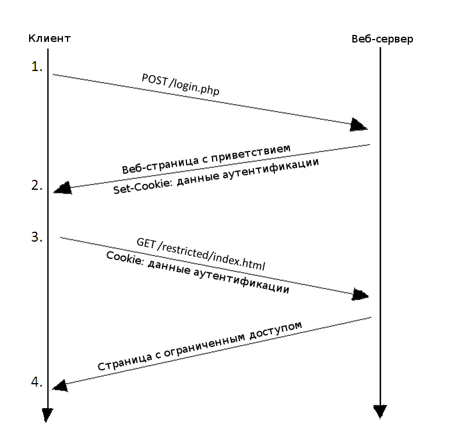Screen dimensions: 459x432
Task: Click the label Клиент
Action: tap(50, 38)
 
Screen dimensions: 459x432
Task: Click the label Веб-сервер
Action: tap(382, 39)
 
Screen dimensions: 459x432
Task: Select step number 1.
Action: tap(37, 67)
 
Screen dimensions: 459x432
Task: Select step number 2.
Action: tap(37, 185)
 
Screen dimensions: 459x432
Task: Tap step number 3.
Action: tap(37, 237)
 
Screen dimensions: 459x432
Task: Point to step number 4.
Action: tap(37, 382)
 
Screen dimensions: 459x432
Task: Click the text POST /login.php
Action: tap(181, 84)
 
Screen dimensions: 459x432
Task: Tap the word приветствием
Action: tap(250, 153)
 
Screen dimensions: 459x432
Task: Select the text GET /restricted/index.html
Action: tap(201, 254)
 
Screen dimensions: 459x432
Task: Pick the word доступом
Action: tap(276, 330)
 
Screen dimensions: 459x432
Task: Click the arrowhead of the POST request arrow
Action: tap(359, 125)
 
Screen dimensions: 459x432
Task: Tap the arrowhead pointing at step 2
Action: tap(63, 188)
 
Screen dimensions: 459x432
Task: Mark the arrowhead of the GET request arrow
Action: tap(360, 295)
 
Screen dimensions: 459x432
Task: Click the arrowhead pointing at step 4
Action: tap(61, 385)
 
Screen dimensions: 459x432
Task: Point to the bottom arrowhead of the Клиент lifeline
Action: tap(47, 415)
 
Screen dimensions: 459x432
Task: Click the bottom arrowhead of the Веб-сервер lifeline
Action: tap(380, 412)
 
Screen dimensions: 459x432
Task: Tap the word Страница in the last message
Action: tap(125, 362)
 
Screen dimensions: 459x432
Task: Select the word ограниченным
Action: tap(204, 345)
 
